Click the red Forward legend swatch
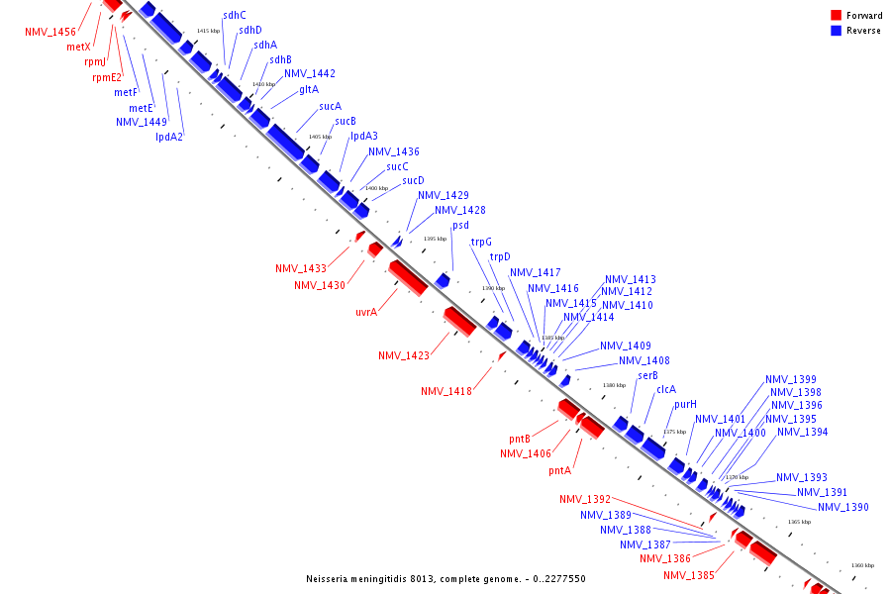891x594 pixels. click(x=836, y=15)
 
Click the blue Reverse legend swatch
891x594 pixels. click(x=836, y=30)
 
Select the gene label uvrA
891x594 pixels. click(x=366, y=312)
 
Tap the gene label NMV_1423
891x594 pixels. click(x=404, y=355)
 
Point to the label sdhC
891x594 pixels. click(x=235, y=15)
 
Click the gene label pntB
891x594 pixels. click(x=520, y=439)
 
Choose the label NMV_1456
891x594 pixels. click(x=50, y=32)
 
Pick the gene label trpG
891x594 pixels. click(x=481, y=242)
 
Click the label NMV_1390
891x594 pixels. click(x=843, y=507)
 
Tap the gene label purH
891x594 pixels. click(x=686, y=404)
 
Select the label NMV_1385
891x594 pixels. click(x=689, y=575)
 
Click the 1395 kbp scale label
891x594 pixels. click(x=436, y=239)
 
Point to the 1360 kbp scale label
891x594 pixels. click(x=862, y=565)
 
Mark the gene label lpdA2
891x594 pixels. click(x=169, y=137)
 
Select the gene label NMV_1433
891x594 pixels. click(x=301, y=268)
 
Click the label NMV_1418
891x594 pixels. click(x=446, y=391)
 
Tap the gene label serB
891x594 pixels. click(x=648, y=375)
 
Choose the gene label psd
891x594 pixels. click(x=460, y=226)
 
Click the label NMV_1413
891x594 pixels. click(x=631, y=279)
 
